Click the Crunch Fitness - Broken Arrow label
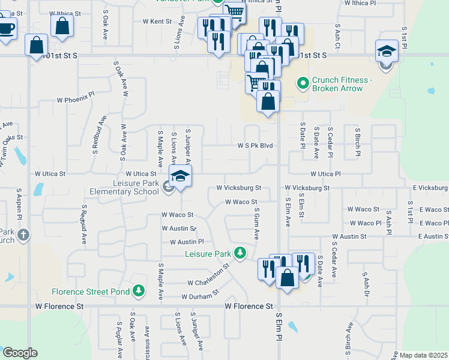click(337, 84)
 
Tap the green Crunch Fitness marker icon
click(303, 82)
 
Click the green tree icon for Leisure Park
click(241, 253)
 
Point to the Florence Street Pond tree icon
click(139, 292)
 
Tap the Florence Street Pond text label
click(91, 292)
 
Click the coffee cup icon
click(6, 29)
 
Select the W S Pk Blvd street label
click(255, 146)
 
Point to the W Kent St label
click(157, 21)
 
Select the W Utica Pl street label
click(325, 173)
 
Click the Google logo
click(20, 353)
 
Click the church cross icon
click(23, 235)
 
